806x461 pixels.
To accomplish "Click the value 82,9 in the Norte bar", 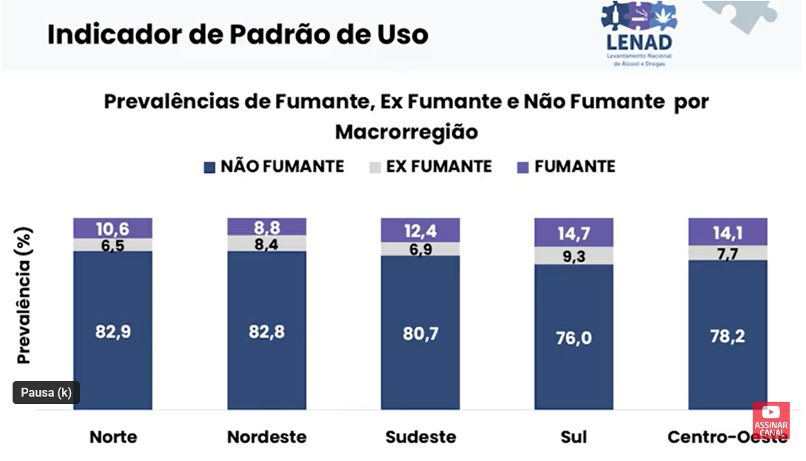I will tap(112, 332).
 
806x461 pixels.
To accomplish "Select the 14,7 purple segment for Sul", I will tap(574, 234).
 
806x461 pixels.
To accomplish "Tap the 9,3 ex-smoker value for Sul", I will tap(574, 256).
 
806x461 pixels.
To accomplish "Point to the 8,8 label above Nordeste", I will tap(266, 226).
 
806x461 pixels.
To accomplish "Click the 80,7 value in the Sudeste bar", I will tap(420, 333).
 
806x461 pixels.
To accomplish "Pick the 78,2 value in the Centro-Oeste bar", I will tap(728, 336).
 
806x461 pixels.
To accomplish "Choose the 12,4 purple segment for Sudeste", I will tap(420, 230).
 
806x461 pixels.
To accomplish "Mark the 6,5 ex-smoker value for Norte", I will tap(112, 245).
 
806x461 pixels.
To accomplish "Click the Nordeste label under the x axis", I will tap(266, 437).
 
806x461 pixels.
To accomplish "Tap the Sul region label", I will tap(574, 437).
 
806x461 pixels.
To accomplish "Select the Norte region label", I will tap(113, 437).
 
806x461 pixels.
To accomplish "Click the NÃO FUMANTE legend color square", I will tap(209, 168).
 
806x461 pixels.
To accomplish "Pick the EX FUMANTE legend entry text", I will tap(439, 166).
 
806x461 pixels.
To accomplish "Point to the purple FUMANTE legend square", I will tap(523, 168).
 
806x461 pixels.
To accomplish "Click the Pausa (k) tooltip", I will tap(46, 393).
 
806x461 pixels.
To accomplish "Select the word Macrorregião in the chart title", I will tap(406, 132).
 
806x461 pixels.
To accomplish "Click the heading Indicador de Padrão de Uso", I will tap(238, 34).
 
